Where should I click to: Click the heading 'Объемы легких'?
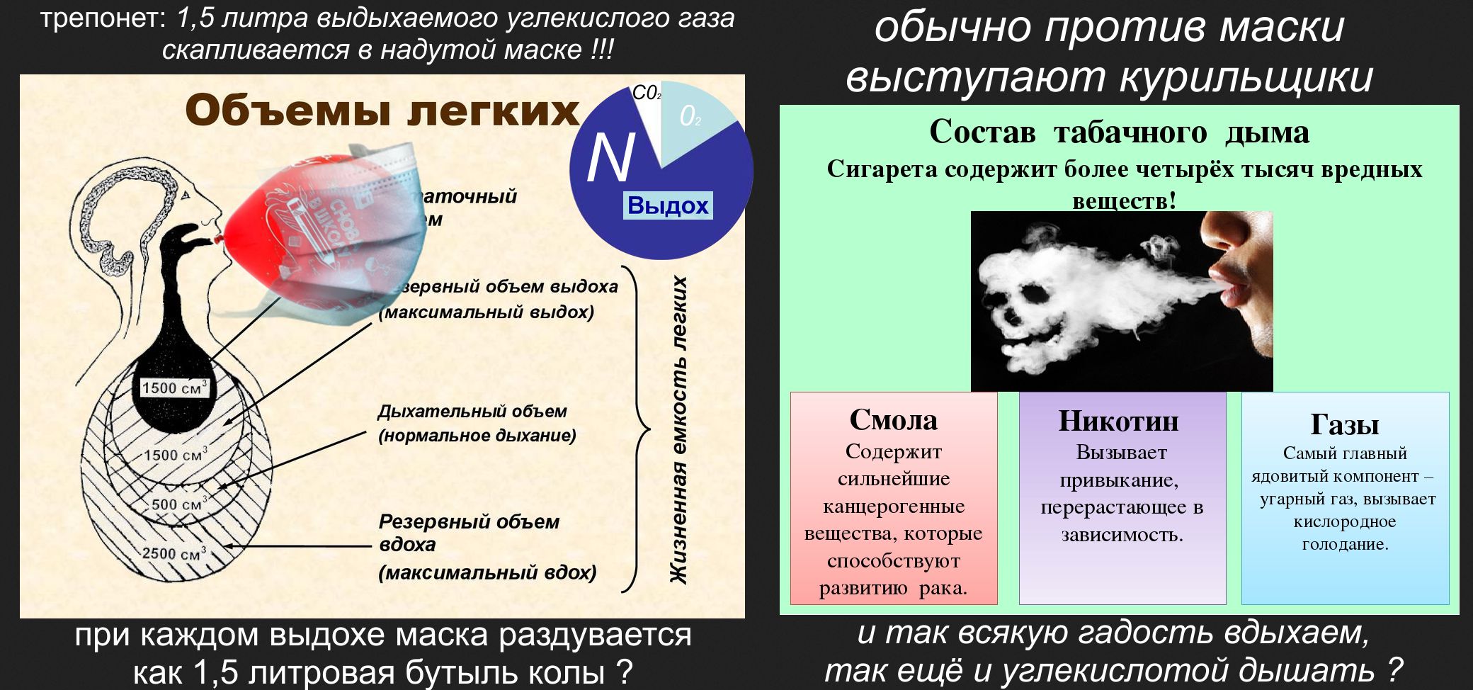coord(382,111)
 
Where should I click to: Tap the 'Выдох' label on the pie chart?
coord(668,205)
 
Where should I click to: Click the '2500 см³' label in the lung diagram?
coord(174,553)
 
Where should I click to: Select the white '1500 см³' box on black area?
coord(174,388)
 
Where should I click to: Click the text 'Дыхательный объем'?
coord(472,412)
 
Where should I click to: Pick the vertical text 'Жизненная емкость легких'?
coord(679,429)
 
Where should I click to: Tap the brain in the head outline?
coord(131,213)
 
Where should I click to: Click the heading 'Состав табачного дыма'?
coord(1119,132)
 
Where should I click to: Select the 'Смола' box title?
coord(893,420)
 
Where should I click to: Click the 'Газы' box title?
coord(1344,424)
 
